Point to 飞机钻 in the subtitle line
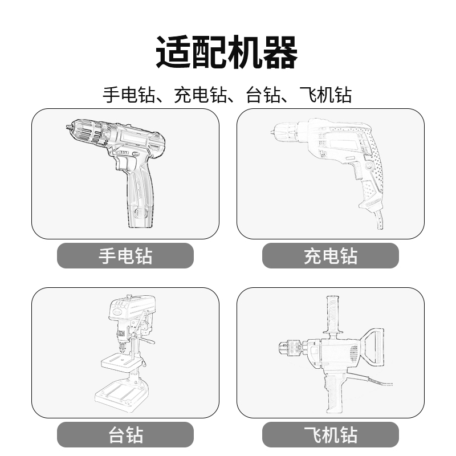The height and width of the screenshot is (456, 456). (x=325, y=95)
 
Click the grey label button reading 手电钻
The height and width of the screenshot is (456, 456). (x=125, y=255)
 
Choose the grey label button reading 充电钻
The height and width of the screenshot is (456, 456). (x=331, y=255)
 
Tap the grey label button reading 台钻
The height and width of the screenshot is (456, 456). (x=125, y=435)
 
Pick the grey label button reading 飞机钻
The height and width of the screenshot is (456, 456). (x=331, y=435)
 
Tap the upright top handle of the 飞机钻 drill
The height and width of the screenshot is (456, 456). (x=330, y=313)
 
